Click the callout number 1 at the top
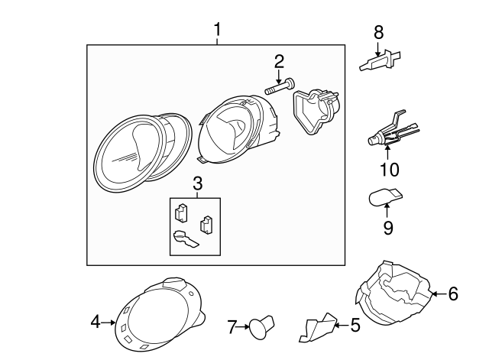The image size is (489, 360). pyautogui.click(x=218, y=30)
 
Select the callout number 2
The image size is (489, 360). pyautogui.click(x=279, y=61)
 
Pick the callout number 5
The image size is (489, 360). pyautogui.click(x=355, y=326)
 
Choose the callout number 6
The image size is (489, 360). pyautogui.click(x=453, y=294)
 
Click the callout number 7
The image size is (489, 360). pyautogui.click(x=232, y=328)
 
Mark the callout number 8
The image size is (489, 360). pyautogui.click(x=377, y=33)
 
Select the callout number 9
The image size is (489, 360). pyautogui.click(x=388, y=228)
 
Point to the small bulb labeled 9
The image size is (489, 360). pyautogui.click(x=384, y=198)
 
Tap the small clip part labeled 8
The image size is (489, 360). pyautogui.click(x=379, y=61)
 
